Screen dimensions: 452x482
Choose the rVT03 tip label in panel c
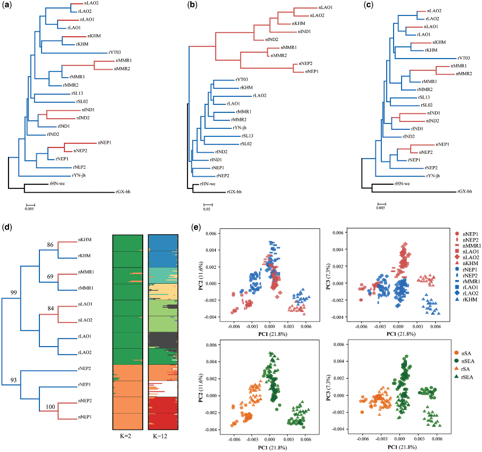pos(464,57)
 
